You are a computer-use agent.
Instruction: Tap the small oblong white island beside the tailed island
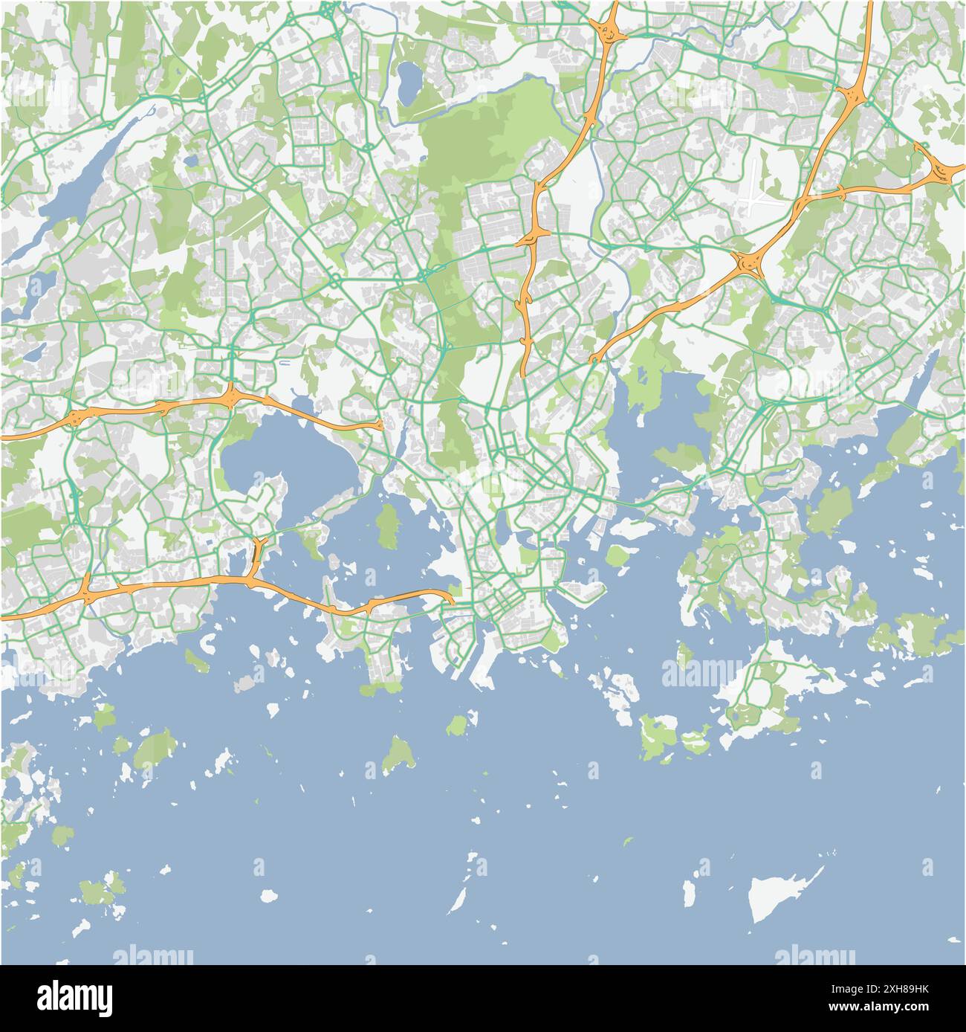690,891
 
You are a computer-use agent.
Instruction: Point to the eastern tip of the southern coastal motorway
450,598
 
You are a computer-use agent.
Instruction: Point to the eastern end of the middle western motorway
379,426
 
